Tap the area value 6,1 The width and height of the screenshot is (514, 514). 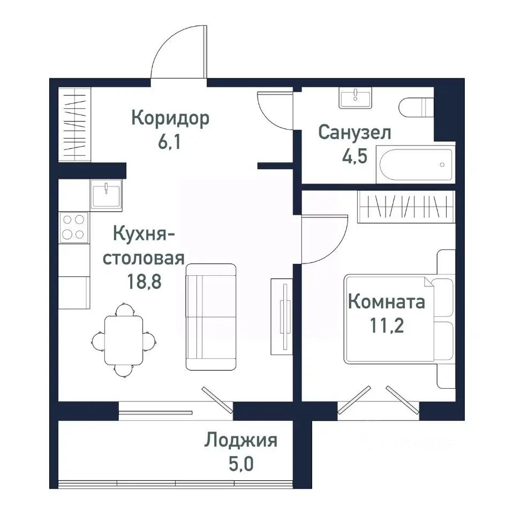[170, 143]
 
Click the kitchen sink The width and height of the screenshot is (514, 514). [106, 193]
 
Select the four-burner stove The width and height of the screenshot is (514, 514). [74, 226]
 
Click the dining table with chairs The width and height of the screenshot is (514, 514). [124, 339]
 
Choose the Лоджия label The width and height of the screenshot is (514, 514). [240, 441]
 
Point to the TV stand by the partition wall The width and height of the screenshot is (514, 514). [282, 316]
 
